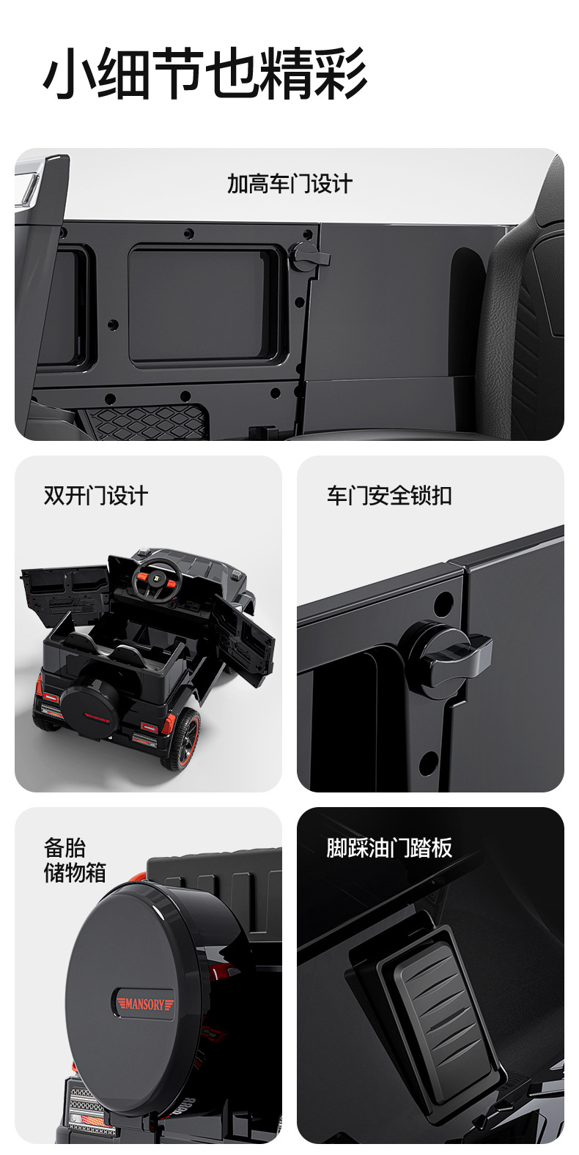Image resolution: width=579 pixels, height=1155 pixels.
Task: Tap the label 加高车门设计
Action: [289, 184]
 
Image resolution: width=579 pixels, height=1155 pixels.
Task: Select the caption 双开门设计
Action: [96, 496]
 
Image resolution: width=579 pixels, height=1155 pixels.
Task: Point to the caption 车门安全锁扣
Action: [389, 496]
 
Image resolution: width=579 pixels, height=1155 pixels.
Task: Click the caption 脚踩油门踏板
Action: [389, 848]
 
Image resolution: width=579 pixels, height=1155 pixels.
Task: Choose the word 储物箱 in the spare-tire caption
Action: [75, 873]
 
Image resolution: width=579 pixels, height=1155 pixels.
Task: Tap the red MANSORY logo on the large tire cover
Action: [143, 1003]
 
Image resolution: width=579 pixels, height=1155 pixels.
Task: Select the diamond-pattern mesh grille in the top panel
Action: [144, 420]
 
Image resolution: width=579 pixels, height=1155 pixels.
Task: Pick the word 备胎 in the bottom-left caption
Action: [64, 848]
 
